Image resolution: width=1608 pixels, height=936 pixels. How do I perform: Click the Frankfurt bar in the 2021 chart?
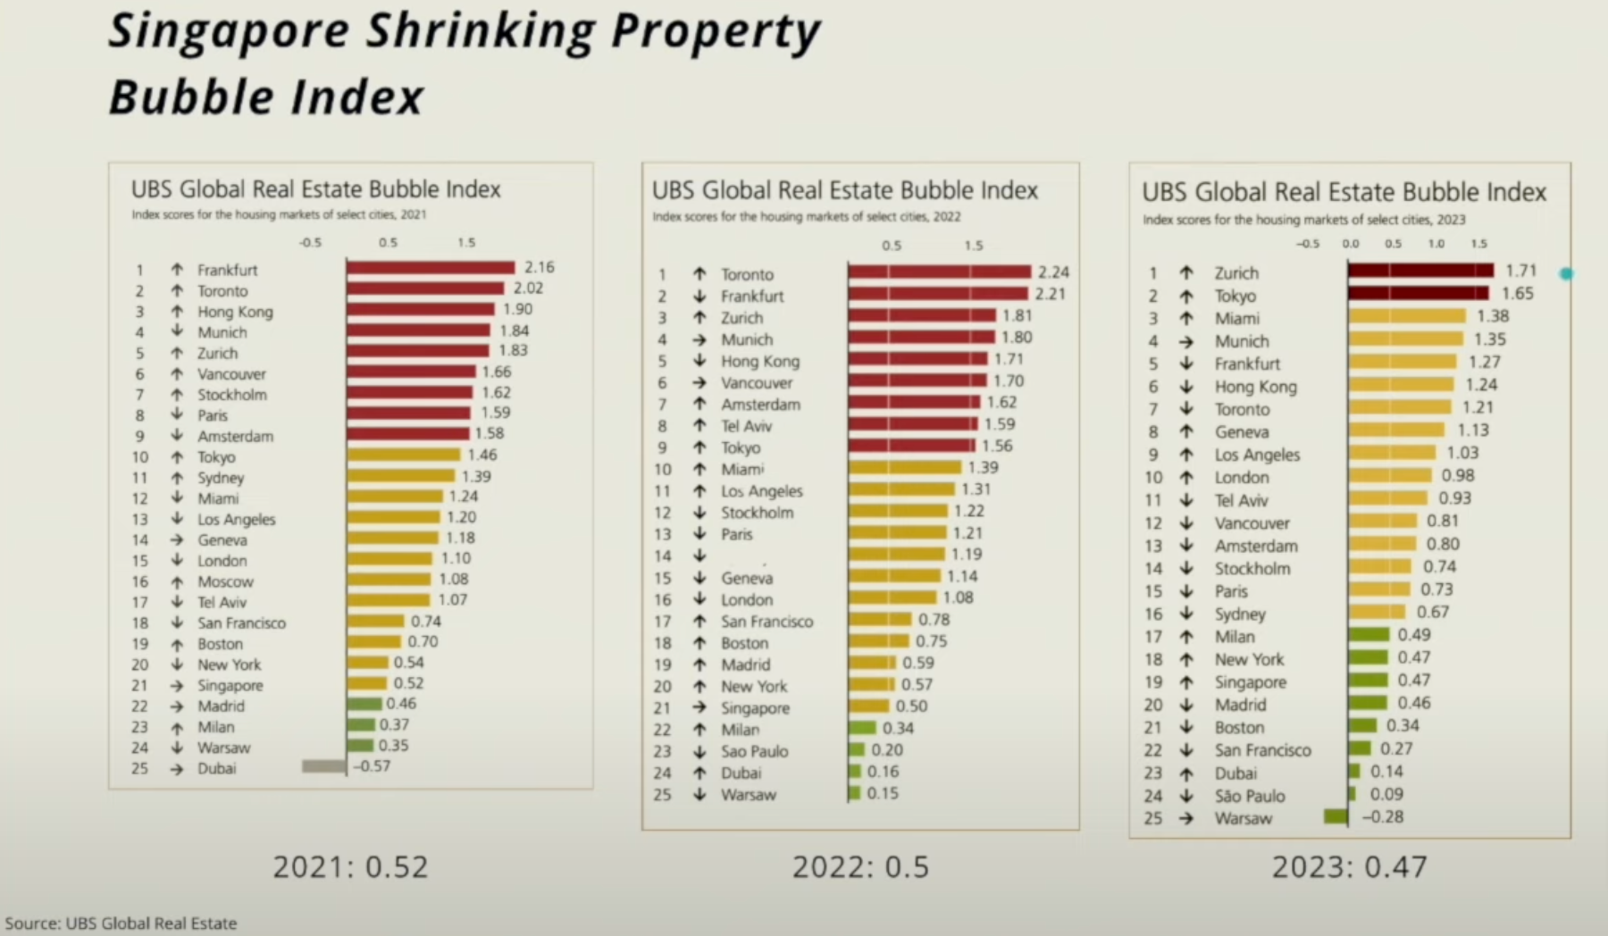pyautogui.click(x=431, y=268)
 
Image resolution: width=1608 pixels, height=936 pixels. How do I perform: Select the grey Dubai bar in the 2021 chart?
pyautogui.click(x=323, y=766)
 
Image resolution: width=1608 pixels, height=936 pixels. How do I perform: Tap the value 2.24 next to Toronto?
pyautogui.click(x=1053, y=272)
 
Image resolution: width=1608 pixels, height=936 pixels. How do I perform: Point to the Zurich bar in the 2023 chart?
pyautogui.click(x=1420, y=271)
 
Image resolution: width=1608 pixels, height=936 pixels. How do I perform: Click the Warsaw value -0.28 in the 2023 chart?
pyautogui.click(x=1383, y=816)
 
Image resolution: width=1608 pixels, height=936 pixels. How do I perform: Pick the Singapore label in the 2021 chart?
pyautogui.click(x=230, y=685)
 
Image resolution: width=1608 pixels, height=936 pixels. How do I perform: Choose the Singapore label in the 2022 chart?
pyautogui.click(x=755, y=707)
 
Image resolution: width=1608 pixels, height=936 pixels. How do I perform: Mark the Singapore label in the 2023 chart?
pyautogui.click(x=1250, y=682)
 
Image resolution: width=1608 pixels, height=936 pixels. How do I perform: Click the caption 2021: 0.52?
pyautogui.click(x=350, y=866)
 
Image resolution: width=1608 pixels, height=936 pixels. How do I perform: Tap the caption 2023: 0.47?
pyautogui.click(x=1349, y=866)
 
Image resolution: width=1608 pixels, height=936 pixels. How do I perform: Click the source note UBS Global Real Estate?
pyautogui.click(x=121, y=923)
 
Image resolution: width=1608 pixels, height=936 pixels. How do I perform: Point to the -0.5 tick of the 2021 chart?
pyautogui.click(x=310, y=242)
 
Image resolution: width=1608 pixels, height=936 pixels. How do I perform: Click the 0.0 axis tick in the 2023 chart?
pyautogui.click(x=1350, y=243)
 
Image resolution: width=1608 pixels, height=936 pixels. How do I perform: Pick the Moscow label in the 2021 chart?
pyautogui.click(x=225, y=581)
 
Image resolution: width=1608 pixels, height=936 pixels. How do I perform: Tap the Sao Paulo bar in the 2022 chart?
pyautogui.click(x=857, y=750)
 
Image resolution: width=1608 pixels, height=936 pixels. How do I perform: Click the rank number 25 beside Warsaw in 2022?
pyautogui.click(x=662, y=794)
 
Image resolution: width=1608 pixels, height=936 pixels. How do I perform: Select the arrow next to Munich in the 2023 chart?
pyautogui.click(x=1185, y=341)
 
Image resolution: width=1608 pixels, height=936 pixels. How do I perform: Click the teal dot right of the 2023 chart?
pyautogui.click(x=1566, y=274)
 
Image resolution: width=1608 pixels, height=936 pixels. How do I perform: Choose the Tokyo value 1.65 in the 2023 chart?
pyautogui.click(x=1517, y=293)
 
